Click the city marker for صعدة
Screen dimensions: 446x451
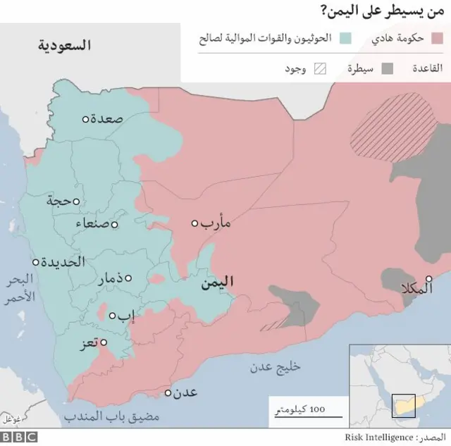coord(85,119)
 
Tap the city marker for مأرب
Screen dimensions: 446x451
coord(195,223)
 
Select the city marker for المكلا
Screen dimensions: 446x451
coord(429,278)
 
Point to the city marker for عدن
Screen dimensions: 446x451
coord(169,393)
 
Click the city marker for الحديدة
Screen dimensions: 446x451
coord(36,261)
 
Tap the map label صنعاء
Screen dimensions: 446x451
coord(94,224)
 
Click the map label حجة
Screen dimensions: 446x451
coord(60,201)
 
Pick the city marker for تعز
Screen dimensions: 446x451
coord(104,343)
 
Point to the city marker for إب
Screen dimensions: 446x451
coord(112,315)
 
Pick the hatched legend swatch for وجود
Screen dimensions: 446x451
coord(321,69)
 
